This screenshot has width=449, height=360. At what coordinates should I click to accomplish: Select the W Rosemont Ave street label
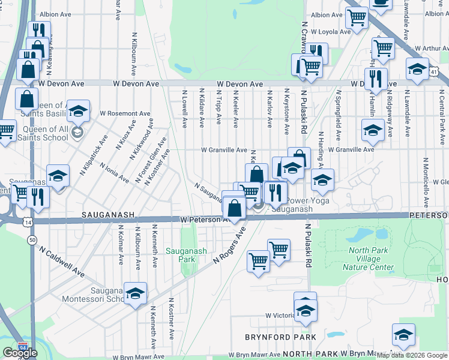tap(125, 113)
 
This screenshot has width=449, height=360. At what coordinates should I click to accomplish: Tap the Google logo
tap(20, 353)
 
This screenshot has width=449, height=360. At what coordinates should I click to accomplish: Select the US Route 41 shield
tap(441, 72)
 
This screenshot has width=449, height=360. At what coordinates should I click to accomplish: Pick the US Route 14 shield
tap(28, 222)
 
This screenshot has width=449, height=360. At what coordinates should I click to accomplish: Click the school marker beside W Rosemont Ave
tap(78, 112)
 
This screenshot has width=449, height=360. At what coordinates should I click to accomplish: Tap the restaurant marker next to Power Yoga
tap(276, 193)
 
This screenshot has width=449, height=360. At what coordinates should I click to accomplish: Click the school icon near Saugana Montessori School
tap(136, 293)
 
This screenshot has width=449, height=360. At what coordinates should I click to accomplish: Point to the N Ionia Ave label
tap(114, 173)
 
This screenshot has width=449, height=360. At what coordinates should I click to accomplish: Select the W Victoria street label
tap(279, 315)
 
